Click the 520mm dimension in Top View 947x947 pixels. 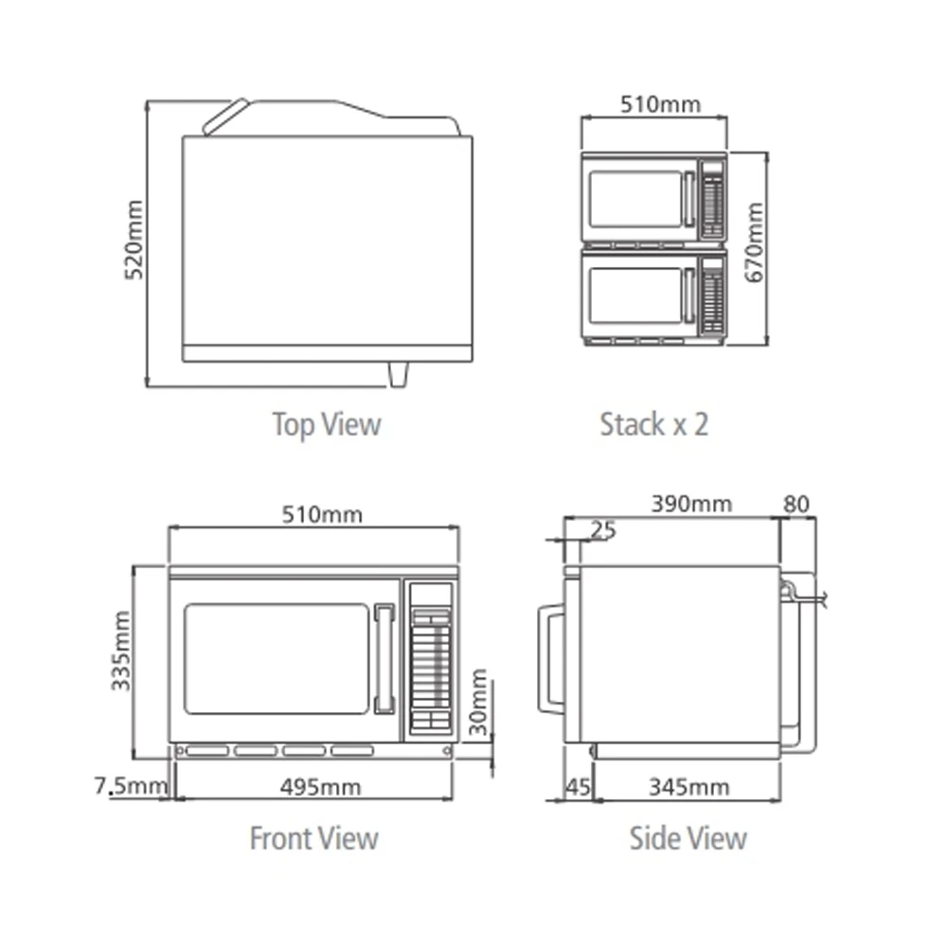[134, 240]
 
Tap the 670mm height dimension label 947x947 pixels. [755, 242]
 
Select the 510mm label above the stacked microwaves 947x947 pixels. [661, 104]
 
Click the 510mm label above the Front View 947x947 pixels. [323, 514]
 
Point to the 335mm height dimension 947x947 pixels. [121, 652]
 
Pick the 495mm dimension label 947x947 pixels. [321, 787]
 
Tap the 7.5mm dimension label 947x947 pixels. [131, 786]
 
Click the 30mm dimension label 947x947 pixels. [478, 702]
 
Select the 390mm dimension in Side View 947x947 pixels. [691, 504]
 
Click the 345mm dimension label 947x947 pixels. [689, 787]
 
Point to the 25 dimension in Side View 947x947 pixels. [602, 530]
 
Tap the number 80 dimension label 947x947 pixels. [796, 504]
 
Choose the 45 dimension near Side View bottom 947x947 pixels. [578, 787]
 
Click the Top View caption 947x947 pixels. [327, 424]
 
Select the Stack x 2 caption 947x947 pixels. [654, 424]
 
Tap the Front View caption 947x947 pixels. [314, 838]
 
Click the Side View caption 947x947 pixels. [688, 838]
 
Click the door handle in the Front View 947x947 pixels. [384, 659]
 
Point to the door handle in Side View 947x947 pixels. [551, 659]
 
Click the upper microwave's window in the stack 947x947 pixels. [635, 199]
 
